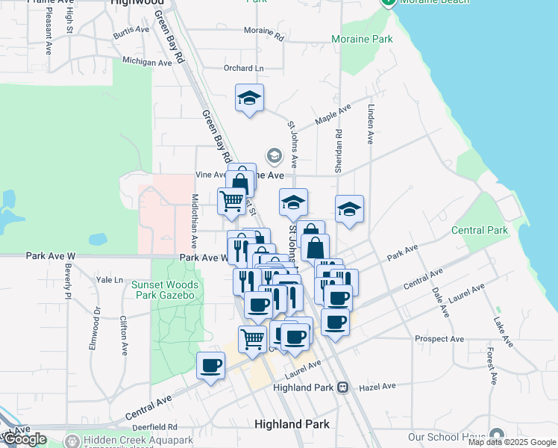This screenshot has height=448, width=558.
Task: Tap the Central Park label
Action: point(478,231)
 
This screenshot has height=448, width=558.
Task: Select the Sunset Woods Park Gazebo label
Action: point(165,290)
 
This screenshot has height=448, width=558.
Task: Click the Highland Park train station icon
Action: point(342,387)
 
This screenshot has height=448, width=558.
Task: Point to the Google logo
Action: point(25,439)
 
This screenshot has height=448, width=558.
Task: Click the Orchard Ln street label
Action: point(244,69)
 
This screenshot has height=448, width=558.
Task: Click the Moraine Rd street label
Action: point(264,34)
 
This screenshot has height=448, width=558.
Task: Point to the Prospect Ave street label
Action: point(439,339)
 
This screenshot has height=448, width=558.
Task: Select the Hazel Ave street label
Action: point(377,386)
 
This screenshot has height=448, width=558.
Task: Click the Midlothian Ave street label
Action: point(195,221)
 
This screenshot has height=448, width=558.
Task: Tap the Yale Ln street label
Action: point(110,280)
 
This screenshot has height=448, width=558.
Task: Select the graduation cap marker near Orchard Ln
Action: point(249,98)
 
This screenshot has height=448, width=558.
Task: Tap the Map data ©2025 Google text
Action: point(512,442)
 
